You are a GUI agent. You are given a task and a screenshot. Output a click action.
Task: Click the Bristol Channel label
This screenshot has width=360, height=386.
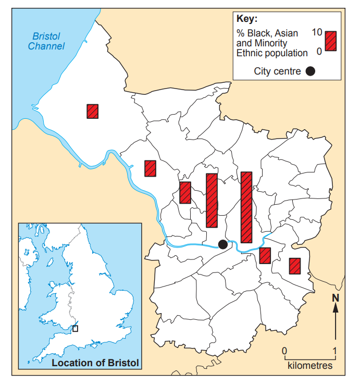46,41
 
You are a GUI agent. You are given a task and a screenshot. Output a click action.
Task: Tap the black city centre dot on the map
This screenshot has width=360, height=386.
223,244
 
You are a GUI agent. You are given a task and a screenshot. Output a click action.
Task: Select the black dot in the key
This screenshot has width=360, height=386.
311,71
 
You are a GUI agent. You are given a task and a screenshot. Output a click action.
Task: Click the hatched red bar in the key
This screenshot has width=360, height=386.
331,41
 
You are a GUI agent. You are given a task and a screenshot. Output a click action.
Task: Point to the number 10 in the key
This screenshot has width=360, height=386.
317,32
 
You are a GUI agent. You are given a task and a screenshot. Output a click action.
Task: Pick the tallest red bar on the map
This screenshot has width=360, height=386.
246,207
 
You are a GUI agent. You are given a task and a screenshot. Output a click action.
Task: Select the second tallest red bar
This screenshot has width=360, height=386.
212,200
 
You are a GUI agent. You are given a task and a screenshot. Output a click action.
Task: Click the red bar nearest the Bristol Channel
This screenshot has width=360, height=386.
93,111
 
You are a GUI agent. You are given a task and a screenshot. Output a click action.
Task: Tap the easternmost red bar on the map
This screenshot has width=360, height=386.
295,266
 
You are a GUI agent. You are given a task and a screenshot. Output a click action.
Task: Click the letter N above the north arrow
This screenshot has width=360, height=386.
336,298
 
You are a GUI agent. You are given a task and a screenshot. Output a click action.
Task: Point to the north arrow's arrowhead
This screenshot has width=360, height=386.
336,308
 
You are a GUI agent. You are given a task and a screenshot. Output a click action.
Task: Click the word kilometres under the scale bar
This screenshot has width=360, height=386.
310,366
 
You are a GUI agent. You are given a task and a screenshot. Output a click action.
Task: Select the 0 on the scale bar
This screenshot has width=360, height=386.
284,350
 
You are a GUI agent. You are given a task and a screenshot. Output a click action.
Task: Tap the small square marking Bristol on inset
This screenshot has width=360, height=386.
76,329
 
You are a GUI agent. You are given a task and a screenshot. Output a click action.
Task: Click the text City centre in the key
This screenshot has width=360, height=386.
277,71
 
